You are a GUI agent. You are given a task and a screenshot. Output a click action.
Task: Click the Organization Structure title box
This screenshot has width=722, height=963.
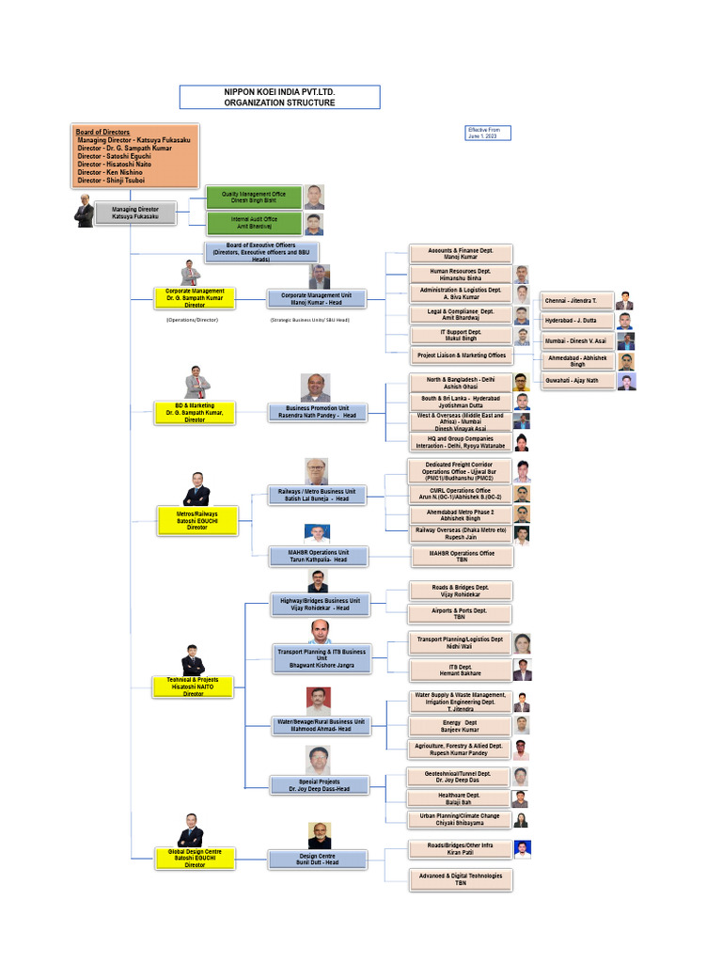(279, 97)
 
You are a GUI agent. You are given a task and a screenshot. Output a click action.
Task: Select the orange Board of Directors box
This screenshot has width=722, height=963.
(136, 156)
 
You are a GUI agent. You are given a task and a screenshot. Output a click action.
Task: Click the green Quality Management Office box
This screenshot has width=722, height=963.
(253, 197)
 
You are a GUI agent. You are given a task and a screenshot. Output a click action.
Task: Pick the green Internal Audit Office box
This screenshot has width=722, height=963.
(253, 223)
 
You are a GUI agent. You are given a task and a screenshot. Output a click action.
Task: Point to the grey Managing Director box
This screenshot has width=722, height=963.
(135, 213)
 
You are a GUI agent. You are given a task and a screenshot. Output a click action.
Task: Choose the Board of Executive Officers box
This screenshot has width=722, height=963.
(260, 251)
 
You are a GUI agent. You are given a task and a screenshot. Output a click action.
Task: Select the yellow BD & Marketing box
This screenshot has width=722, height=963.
(195, 412)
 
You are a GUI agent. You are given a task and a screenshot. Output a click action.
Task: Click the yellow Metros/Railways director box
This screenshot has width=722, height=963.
(196, 520)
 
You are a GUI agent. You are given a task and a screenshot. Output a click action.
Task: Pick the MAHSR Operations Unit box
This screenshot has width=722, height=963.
(319, 556)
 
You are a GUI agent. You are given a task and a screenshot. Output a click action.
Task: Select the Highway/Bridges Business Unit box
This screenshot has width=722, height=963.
(320, 604)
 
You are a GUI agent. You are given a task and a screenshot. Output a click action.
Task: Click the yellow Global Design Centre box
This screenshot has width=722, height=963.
(195, 857)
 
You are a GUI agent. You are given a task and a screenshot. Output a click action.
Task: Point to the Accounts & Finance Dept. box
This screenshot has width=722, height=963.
(461, 253)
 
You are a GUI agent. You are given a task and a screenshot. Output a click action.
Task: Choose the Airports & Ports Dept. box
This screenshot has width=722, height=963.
(460, 614)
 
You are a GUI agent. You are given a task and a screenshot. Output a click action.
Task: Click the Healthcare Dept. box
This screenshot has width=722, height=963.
(460, 798)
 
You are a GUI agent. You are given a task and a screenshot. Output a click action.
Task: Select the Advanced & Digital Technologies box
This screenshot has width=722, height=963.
(461, 879)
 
